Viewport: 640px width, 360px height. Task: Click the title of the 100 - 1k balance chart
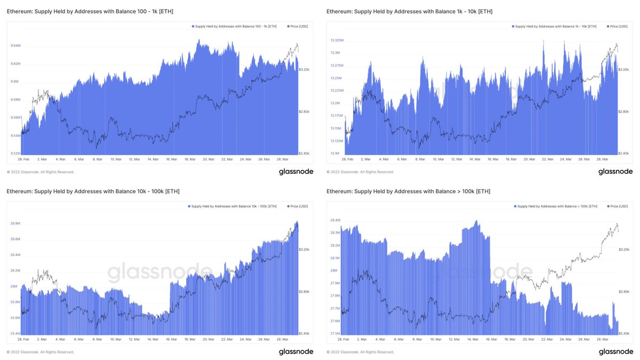tap(90, 11)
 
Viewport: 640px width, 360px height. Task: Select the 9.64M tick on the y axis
tap(15, 46)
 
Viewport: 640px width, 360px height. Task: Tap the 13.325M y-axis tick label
tap(337, 41)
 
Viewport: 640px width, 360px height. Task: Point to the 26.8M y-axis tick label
tap(15, 223)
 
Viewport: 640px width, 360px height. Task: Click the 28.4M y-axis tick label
tap(335, 220)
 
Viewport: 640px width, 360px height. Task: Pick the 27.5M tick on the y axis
tap(335, 333)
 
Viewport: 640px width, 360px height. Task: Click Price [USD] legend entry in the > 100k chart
tap(618, 206)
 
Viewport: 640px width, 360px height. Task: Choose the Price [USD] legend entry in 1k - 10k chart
tap(618, 26)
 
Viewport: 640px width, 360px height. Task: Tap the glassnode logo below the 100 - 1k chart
tap(295, 172)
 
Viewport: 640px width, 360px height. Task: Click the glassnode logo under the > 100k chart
tap(615, 351)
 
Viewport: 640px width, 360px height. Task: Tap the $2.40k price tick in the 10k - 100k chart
tap(305, 333)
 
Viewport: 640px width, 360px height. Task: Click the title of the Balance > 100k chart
tap(408, 191)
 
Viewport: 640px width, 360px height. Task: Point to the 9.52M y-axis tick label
tap(15, 154)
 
